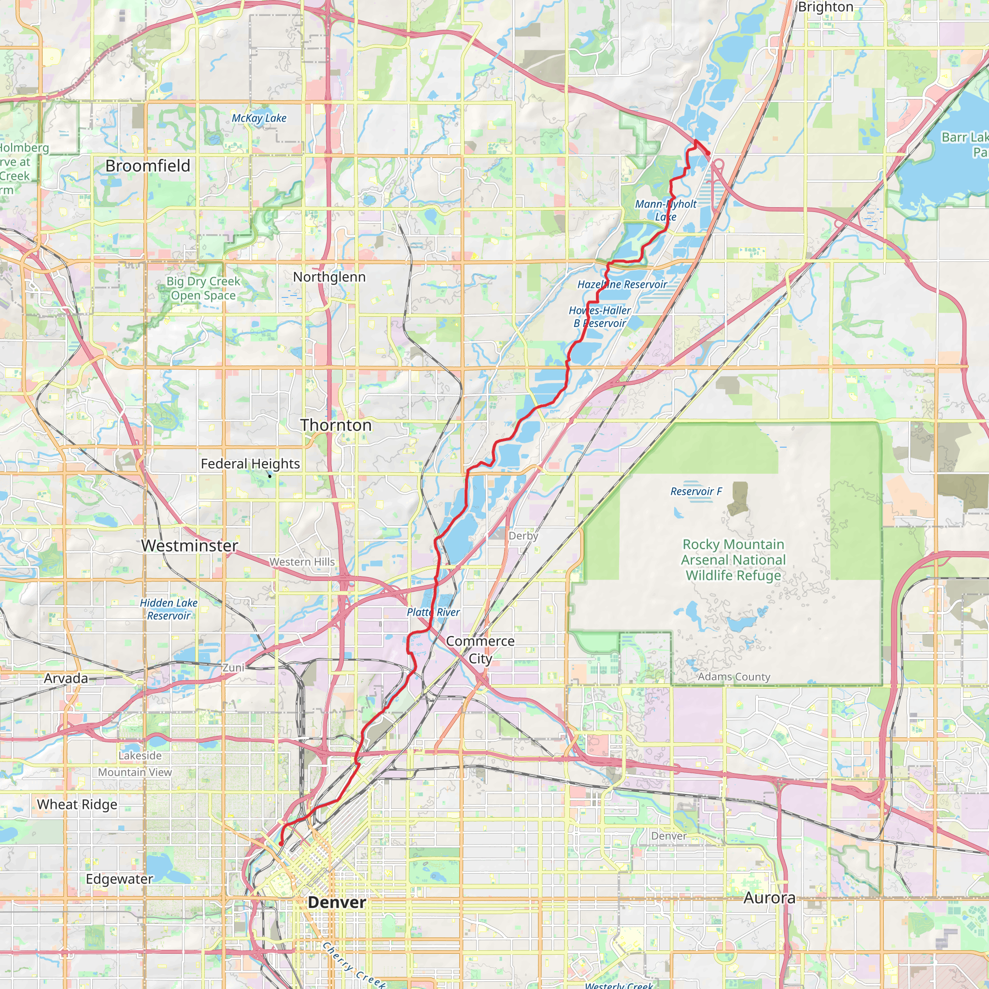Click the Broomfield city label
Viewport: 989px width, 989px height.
(x=147, y=166)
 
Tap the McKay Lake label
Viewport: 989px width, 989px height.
(x=259, y=118)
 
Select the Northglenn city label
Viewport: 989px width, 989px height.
(x=329, y=277)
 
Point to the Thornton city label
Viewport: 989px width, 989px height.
(x=336, y=425)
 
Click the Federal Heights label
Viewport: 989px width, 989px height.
(x=250, y=464)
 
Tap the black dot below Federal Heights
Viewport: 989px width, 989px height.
(x=270, y=477)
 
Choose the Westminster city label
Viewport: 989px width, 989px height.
(x=189, y=546)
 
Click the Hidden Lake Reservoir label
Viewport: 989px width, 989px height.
(x=169, y=609)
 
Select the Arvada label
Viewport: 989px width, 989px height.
(x=66, y=678)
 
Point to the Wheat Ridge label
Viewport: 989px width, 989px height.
(x=77, y=805)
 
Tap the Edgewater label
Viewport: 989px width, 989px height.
(x=119, y=879)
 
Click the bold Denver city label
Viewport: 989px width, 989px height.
(x=337, y=903)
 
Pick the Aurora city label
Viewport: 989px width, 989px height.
(x=769, y=898)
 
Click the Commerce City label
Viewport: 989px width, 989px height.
(x=480, y=650)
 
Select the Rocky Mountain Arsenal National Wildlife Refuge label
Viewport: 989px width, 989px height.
(x=733, y=560)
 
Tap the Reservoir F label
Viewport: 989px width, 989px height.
(x=696, y=492)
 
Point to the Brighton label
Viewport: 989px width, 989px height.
(x=825, y=7)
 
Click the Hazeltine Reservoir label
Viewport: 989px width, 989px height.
(x=622, y=284)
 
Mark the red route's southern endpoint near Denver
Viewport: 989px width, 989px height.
(x=281, y=844)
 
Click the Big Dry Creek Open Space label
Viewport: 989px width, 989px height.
(x=203, y=288)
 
